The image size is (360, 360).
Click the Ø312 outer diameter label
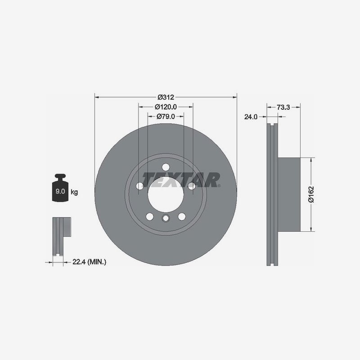[166, 97]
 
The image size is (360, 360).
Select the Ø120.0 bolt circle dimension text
[166, 107]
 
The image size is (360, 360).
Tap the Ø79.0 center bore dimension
[166, 117]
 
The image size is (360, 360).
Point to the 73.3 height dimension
[283, 107]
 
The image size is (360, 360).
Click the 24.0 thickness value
[250, 117]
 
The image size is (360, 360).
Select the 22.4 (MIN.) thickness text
[89, 261]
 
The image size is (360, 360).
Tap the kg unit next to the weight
[74, 192]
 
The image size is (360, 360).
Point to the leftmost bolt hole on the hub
[140, 186]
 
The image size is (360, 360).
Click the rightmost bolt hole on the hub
[191, 186]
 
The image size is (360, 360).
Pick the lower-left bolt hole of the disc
[149, 216]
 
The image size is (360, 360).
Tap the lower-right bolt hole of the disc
[182, 216]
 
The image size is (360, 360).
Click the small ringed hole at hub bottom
[165, 219]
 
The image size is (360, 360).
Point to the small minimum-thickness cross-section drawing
[60, 237]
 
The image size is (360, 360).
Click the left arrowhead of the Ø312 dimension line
[96, 97]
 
